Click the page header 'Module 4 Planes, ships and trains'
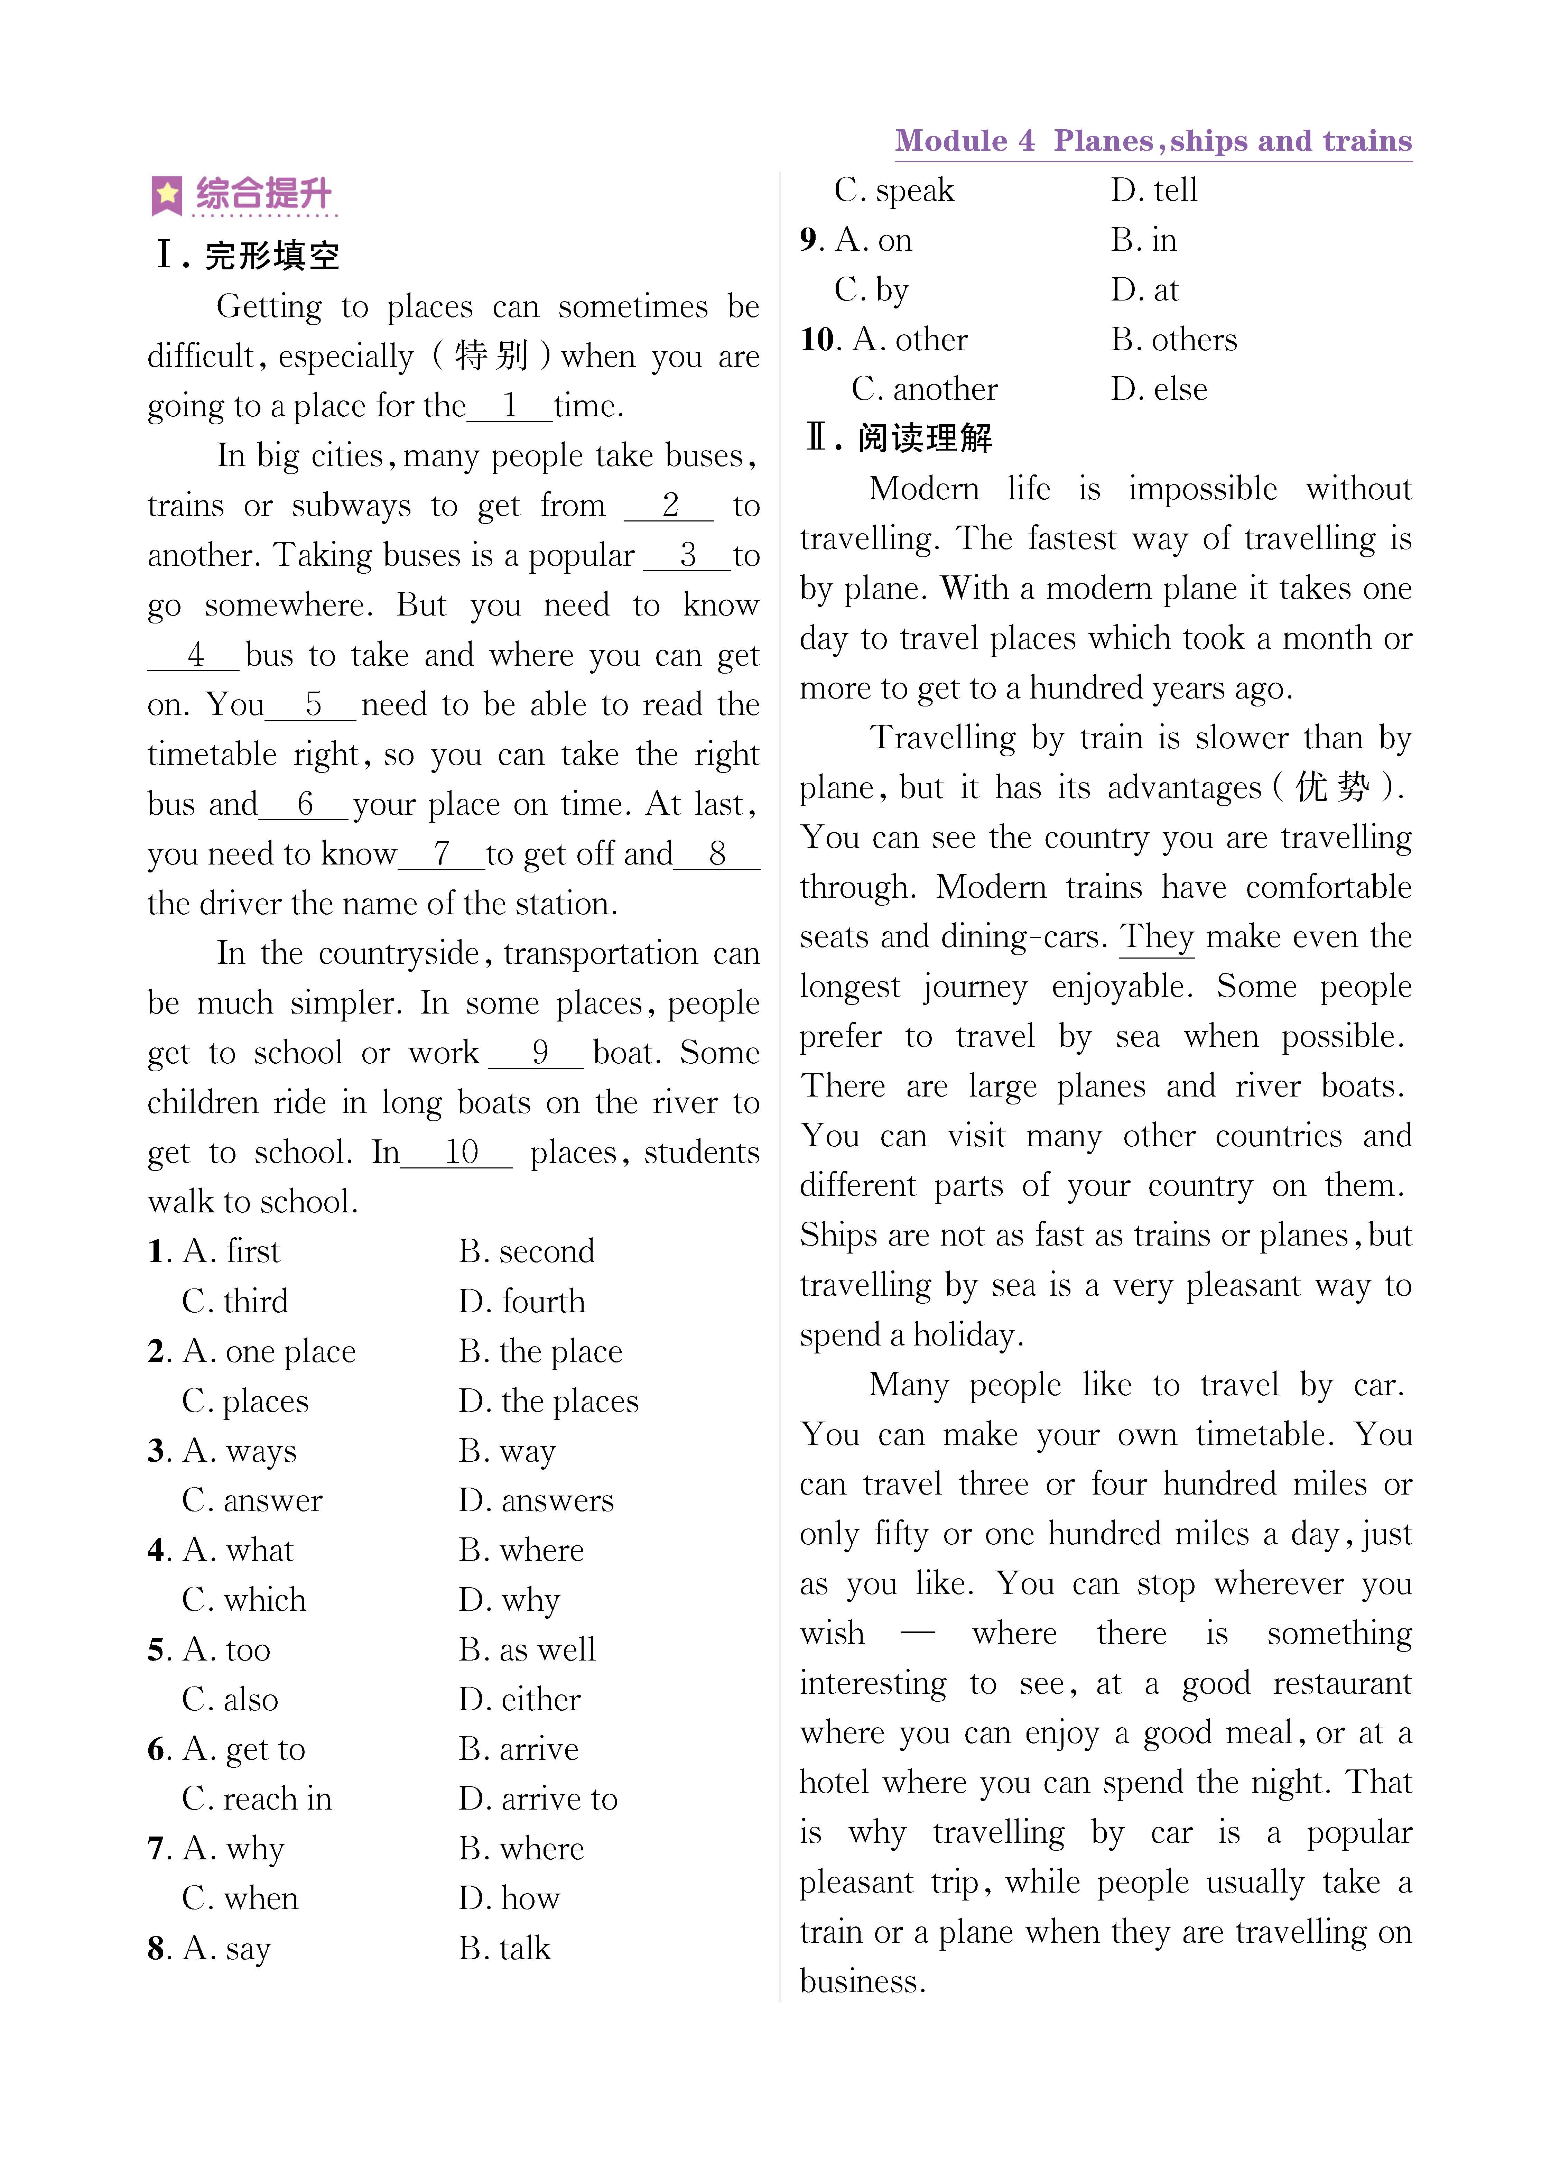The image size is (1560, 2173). (x=1153, y=141)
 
